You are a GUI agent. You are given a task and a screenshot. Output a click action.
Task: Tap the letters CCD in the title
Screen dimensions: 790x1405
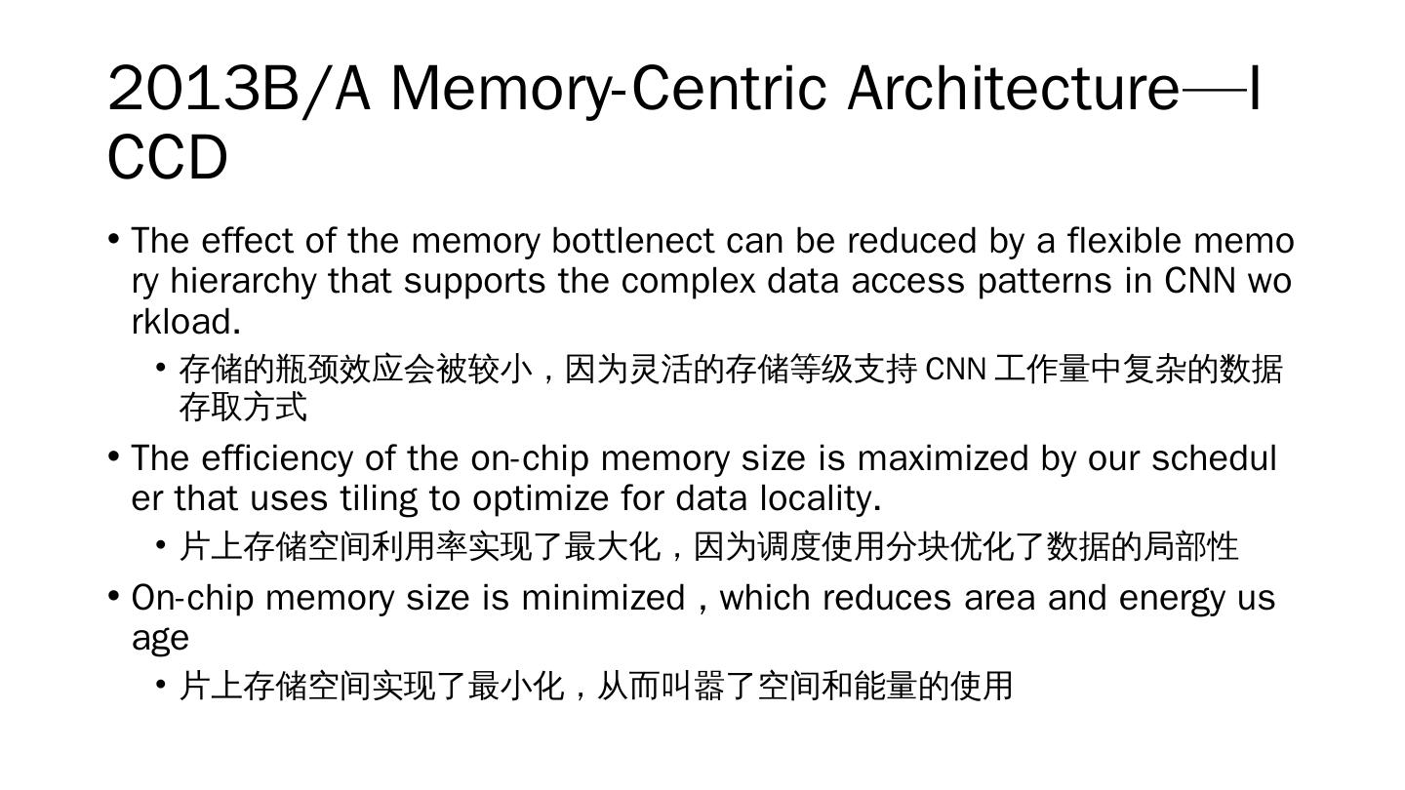coord(167,158)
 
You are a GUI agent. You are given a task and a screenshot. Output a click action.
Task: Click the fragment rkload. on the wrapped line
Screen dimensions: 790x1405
coord(185,321)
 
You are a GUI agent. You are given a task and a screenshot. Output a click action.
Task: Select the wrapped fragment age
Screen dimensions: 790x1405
coord(160,639)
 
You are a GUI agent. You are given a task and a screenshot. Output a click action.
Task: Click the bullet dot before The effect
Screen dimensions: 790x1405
coord(114,239)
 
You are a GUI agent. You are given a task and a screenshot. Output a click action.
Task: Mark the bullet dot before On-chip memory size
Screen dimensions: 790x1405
coord(114,596)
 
